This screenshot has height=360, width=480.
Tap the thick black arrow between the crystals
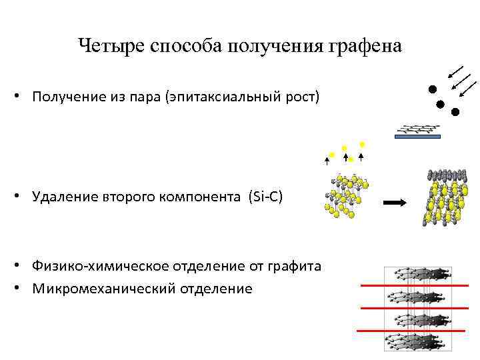click(395, 202)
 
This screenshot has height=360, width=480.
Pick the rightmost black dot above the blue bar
click(455, 112)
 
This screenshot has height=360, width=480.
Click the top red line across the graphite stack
click(413, 285)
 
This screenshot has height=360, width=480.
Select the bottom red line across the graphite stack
click(413, 330)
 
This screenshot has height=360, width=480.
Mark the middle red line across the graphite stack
click(413, 307)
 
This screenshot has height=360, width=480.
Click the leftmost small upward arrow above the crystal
click(327, 159)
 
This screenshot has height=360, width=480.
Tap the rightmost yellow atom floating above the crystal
click(362, 144)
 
